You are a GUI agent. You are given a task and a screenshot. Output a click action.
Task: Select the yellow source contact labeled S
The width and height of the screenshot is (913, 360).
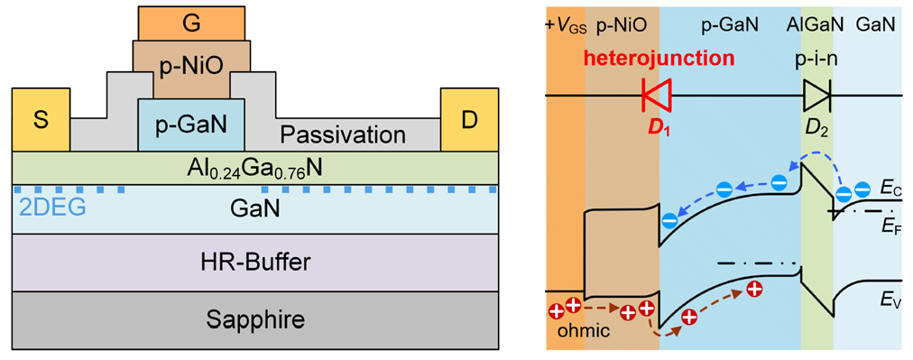click(40, 120)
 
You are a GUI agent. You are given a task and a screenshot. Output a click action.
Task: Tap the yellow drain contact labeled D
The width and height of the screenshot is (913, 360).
click(469, 120)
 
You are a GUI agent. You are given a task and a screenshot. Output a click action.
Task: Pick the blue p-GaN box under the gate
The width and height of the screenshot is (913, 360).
click(191, 125)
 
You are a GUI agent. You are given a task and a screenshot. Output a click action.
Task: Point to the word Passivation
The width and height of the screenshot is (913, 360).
click(343, 135)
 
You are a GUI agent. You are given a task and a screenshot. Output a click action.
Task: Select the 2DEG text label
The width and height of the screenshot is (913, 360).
click(43, 207)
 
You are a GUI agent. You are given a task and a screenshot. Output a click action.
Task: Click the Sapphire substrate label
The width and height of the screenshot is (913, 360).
click(255, 319)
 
